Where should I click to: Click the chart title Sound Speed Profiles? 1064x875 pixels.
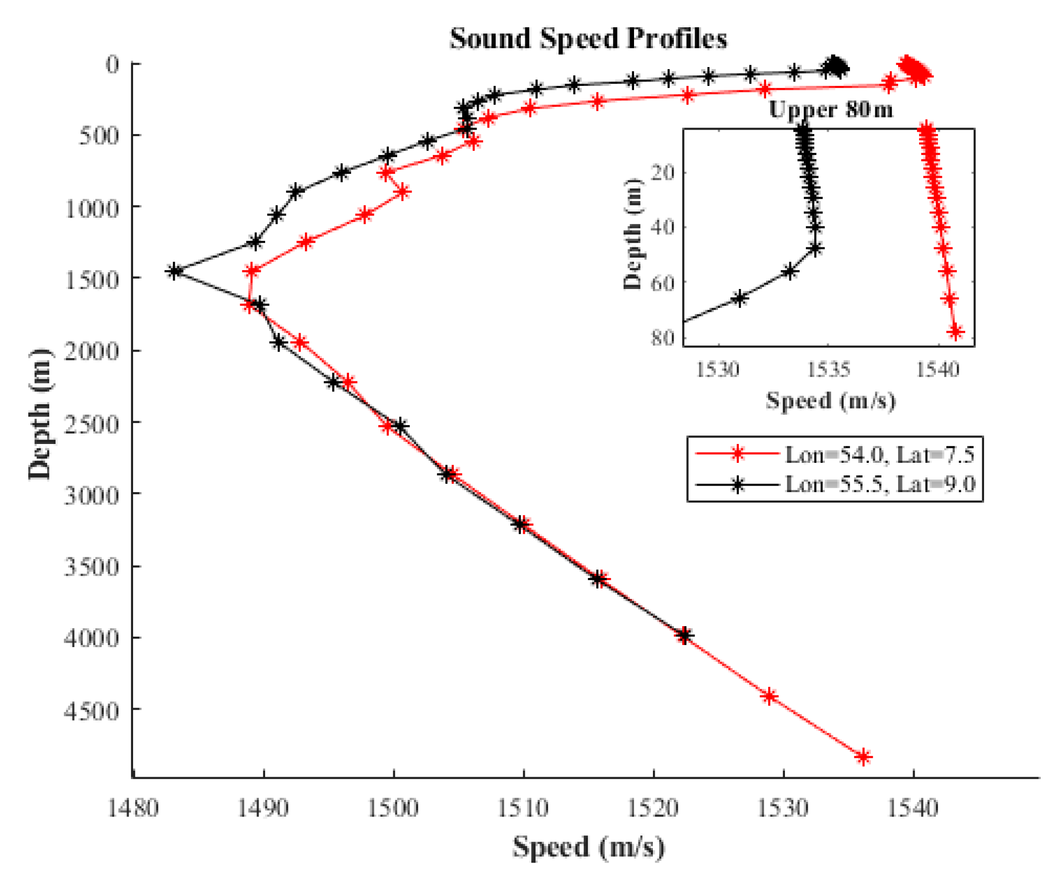coord(588,39)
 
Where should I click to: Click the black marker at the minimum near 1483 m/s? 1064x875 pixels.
coord(174,271)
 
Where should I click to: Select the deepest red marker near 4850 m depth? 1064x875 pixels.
coord(863,757)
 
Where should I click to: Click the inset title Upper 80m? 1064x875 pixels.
coord(830,109)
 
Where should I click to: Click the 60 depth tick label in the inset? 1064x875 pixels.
coord(662,283)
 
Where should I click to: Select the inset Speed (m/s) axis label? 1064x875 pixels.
coord(831,401)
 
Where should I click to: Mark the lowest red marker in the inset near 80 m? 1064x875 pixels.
coord(956,332)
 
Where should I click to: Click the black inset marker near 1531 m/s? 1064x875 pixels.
coord(739,298)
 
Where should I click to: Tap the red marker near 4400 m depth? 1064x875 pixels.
coord(769,697)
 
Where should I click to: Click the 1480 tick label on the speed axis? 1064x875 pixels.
coord(133,808)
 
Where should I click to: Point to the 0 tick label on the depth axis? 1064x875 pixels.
coord(113,64)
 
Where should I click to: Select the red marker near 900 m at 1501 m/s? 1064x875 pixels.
coord(403,192)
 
